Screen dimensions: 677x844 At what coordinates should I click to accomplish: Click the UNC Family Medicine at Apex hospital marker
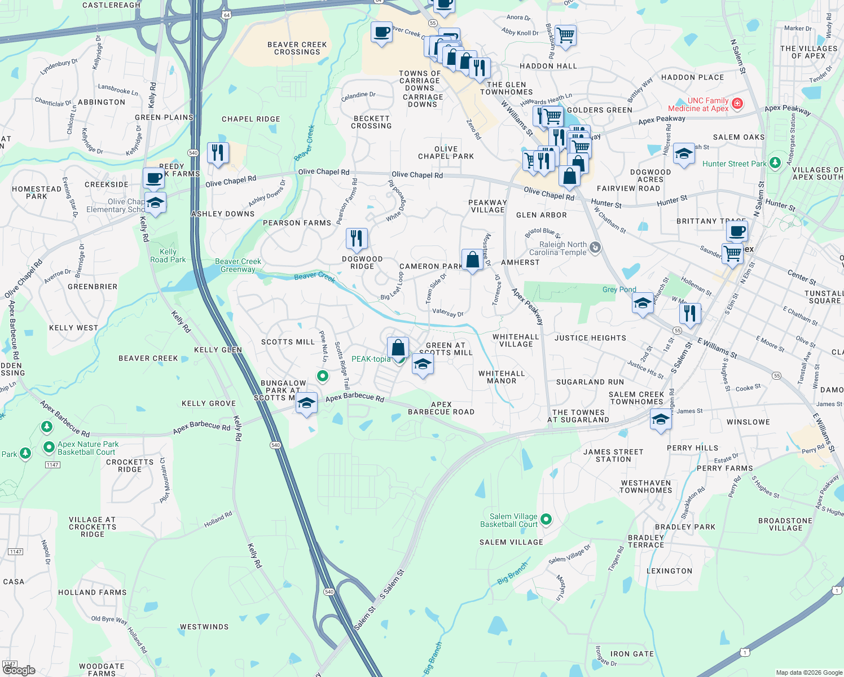737,104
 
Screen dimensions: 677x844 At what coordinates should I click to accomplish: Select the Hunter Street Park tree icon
775,163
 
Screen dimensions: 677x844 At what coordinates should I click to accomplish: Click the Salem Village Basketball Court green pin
546,519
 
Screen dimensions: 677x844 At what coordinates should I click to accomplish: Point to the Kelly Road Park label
168,256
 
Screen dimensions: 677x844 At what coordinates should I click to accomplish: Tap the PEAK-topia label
371,359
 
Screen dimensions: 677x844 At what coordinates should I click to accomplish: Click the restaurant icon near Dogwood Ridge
357,238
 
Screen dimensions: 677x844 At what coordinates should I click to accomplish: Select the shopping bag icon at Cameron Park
472,260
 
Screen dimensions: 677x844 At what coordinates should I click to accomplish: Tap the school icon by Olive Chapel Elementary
155,202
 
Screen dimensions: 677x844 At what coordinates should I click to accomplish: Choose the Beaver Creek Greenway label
238,265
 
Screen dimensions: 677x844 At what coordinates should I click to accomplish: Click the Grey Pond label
619,289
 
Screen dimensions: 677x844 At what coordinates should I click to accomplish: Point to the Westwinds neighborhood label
204,627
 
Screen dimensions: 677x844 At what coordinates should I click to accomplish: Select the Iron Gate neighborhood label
632,654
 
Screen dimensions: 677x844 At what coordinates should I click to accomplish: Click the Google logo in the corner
19,670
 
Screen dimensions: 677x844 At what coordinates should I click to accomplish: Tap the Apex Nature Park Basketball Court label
88,448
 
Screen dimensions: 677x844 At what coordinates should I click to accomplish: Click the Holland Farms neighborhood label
92,592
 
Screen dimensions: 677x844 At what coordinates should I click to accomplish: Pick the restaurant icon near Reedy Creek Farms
217,152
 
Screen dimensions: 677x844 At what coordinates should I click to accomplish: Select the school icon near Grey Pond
643,304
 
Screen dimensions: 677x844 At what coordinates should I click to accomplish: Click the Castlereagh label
111,5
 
